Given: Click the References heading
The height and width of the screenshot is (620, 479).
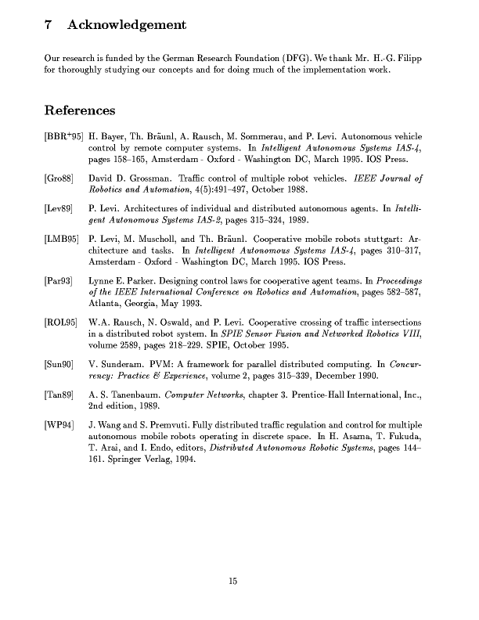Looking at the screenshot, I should click(80, 111).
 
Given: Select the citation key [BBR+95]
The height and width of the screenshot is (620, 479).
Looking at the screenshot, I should click(64, 135).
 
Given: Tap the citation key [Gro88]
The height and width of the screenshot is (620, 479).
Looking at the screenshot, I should click(59, 178).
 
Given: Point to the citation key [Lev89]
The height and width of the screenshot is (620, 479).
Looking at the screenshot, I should click(59, 210).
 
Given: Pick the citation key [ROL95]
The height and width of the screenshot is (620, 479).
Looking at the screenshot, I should click(61, 322).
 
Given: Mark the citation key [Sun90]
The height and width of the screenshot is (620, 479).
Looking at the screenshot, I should click(59, 363).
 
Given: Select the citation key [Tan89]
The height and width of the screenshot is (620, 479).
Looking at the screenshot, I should click(59, 395).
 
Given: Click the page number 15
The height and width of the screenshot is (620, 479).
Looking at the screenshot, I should click(232, 580).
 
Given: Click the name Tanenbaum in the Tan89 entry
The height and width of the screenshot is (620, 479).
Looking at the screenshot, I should click(134, 395).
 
